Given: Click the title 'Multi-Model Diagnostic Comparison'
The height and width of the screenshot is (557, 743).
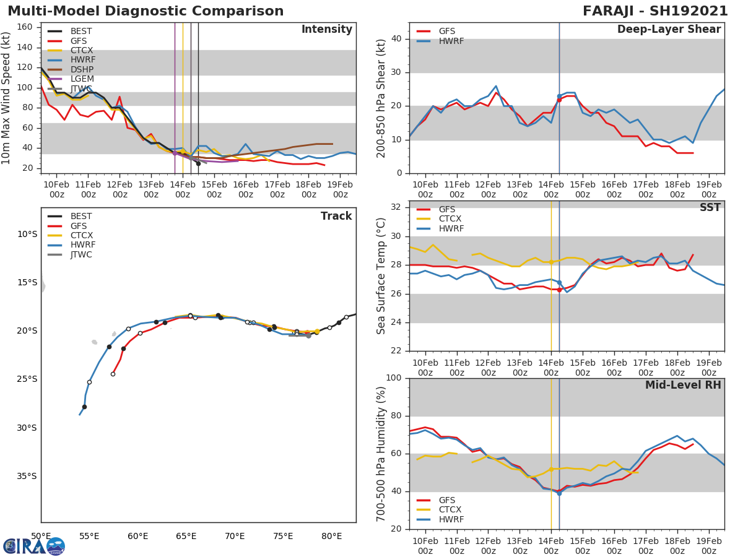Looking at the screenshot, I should point(146,11).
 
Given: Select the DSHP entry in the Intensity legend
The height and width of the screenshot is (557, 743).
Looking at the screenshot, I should point(82,69).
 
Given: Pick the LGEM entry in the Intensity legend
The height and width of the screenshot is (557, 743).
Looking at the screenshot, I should point(82,79).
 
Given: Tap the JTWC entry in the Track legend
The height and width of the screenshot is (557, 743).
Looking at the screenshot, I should point(82,254).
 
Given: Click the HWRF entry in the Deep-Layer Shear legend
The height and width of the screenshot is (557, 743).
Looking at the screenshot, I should point(451,41).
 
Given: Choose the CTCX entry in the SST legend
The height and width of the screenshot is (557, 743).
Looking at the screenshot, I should point(451,219).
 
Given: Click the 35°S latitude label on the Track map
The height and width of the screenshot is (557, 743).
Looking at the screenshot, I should point(27,476).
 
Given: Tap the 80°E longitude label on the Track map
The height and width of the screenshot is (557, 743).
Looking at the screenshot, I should point(332,536).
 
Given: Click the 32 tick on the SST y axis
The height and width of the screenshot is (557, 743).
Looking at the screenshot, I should point(396,207).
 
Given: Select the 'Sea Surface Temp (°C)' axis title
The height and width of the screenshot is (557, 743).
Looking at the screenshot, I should point(381,276).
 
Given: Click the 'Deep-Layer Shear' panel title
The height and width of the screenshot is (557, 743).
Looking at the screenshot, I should point(669,30).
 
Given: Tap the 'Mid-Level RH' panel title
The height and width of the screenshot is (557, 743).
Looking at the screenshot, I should point(683,386).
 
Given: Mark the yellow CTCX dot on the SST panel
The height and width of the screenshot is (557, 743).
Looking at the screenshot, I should point(551,262).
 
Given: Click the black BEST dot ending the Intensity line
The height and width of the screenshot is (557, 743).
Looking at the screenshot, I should point(198,163).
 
